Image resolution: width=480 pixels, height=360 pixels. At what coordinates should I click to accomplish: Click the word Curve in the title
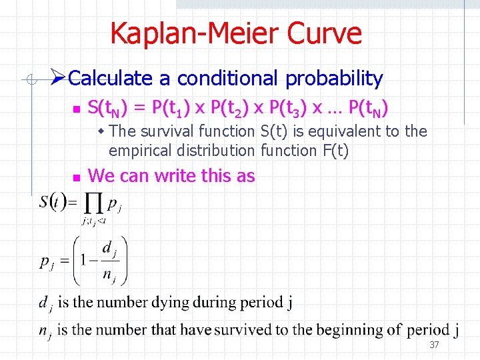327,33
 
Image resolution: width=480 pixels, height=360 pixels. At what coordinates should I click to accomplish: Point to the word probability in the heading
334,79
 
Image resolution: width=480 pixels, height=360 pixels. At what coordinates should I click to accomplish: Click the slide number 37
434,345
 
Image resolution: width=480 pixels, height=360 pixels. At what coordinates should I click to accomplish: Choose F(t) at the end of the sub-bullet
335,151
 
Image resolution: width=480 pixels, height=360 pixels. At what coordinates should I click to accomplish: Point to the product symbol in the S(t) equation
93,202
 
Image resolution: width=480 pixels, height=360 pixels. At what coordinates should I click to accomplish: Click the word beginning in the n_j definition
348,329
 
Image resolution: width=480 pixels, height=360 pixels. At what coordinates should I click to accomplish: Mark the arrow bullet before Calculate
59,78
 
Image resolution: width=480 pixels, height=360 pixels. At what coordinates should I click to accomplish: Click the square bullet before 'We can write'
76,177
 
